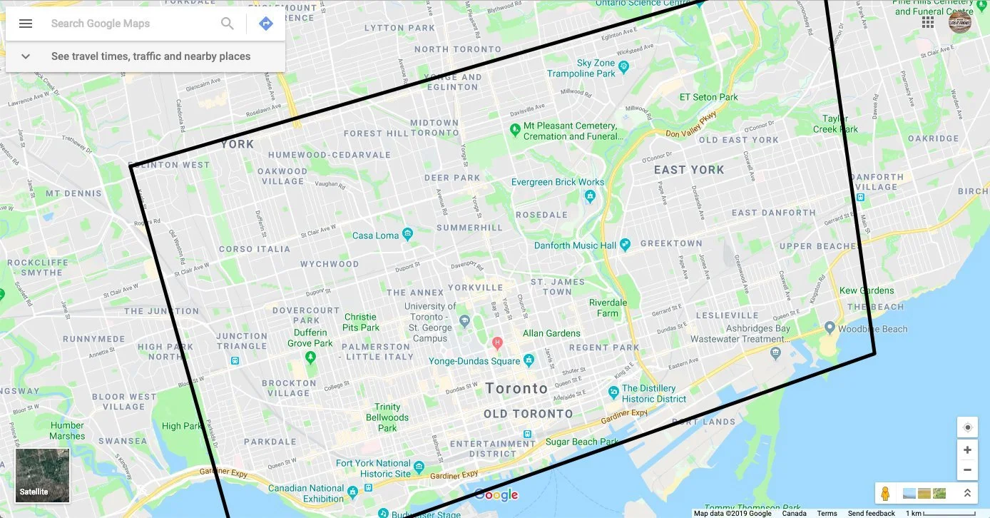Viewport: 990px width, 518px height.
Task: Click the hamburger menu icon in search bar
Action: pyautogui.click(x=26, y=24)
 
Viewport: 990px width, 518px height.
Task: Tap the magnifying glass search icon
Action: pyautogui.click(x=228, y=24)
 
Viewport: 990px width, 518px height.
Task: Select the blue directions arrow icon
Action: pyautogui.click(x=266, y=24)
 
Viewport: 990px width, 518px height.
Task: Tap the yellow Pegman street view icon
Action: pyautogui.click(x=885, y=493)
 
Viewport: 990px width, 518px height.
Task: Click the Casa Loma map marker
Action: pyautogui.click(x=407, y=234)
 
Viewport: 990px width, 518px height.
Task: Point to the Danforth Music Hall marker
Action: pyautogui.click(x=626, y=245)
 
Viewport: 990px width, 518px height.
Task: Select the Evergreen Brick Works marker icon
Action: pyautogui.click(x=590, y=195)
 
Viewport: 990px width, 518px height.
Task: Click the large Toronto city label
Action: pyautogui.click(x=516, y=389)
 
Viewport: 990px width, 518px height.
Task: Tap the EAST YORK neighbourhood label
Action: pyautogui.click(x=689, y=170)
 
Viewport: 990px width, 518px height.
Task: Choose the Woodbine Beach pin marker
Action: pyautogui.click(x=830, y=328)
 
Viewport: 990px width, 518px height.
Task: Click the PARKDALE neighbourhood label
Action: pyautogui.click(x=270, y=442)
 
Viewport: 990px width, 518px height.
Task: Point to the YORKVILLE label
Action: pyautogui.click(x=475, y=288)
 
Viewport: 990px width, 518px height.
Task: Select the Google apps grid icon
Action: pyautogui.click(x=928, y=22)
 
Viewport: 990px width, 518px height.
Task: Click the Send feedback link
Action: pyautogui.click(x=871, y=513)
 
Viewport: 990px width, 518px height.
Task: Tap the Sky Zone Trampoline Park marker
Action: pyautogui.click(x=624, y=67)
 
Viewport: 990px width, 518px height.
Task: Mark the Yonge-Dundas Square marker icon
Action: pyautogui.click(x=529, y=360)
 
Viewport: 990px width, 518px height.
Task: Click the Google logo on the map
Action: pyautogui.click(x=496, y=495)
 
